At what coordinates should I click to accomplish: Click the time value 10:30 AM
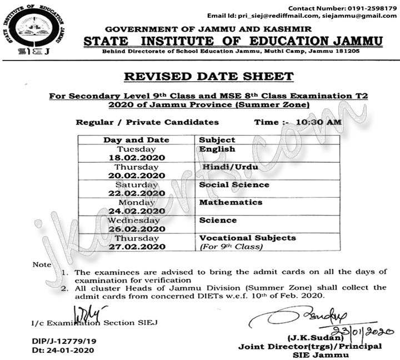click(x=319, y=122)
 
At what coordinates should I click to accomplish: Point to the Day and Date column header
click(x=136, y=140)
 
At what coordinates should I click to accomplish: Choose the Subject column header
click(x=217, y=140)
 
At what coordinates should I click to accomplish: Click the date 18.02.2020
click(x=137, y=158)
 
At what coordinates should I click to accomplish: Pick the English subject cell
click(x=217, y=149)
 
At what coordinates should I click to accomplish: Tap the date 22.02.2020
click(x=137, y=193)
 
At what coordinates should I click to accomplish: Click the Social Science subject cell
click(x=234, y=184)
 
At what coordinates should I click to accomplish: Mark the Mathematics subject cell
click(x=231, y=202)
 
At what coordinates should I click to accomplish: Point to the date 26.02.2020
click(x=137, y=229)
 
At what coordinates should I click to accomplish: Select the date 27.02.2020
click(x=137, y=247)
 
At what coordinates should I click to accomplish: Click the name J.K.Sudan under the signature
click(x=313, y=338)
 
